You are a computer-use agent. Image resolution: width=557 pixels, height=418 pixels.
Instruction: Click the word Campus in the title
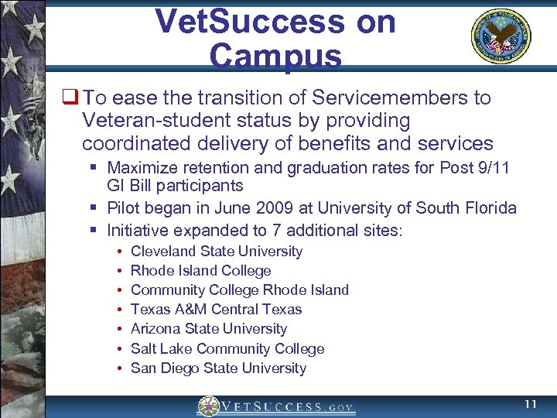click(275, 56)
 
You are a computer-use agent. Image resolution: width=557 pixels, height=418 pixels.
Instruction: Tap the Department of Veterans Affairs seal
click(501, 37)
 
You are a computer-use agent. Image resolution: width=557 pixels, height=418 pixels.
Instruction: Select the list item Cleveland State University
click(217, 251)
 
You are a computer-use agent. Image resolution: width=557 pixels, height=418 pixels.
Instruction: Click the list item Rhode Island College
click(200, 270)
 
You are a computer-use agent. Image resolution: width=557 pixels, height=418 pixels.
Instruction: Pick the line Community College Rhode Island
click(240, 290)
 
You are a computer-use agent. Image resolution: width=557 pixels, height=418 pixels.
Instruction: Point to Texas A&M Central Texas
click(216, 309)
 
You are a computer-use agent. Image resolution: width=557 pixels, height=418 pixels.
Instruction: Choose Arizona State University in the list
click(209, 328)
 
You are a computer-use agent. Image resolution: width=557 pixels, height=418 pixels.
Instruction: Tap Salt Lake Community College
click(227, 348)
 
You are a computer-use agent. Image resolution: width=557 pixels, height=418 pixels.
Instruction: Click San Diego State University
click(218, 368)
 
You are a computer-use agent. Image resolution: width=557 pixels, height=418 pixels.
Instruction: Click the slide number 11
click(530, 405)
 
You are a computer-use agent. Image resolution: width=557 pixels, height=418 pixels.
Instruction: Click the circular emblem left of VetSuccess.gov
click(209, 406)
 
